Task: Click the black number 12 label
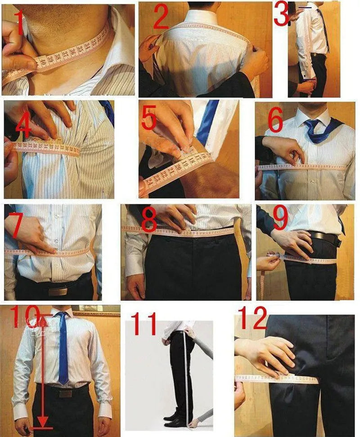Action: click(x=252, y=318)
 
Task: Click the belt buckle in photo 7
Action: click(x=58, y=291)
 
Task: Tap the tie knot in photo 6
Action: click(x=311, y=125)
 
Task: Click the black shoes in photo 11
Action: click(x=174, y=420)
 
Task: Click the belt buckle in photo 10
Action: click(x=66, y=394)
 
